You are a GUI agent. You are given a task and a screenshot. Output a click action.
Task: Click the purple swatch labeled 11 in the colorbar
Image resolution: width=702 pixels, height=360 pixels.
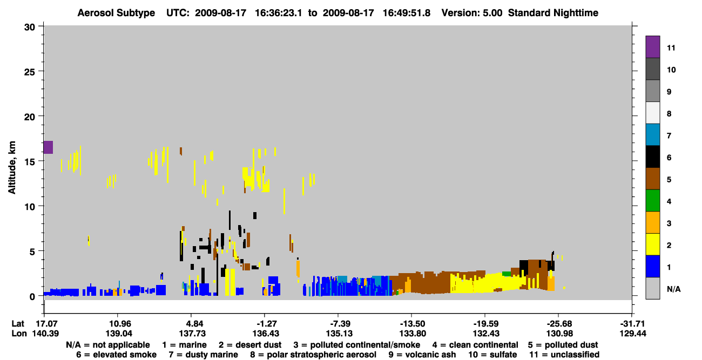click(x=652, y=47)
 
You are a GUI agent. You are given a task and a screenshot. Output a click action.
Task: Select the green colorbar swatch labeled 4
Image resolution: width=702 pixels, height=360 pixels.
click(x=652, y=201)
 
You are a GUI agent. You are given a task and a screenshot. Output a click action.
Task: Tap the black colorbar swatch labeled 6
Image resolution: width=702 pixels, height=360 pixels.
click(x=652, y=157)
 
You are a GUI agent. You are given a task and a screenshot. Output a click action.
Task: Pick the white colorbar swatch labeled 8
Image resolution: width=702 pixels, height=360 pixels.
click(x=652, y=113)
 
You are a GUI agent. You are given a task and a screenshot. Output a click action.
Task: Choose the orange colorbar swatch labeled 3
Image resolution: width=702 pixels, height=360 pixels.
click(x=652, y=222)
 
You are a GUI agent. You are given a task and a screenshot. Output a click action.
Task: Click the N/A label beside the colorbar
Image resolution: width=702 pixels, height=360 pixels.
click(x=673, y=289)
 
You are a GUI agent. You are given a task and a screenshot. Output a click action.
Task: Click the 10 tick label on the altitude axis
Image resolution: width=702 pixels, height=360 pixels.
click(x=30, y=207)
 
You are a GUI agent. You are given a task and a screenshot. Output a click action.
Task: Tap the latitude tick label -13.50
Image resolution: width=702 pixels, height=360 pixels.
click(x=412, y=324)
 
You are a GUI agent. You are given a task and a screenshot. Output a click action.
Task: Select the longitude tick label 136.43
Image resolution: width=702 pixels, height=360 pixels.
click(x=266, y=334)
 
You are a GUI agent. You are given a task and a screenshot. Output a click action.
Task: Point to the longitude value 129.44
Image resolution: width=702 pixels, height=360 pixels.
click(x=633, y=334)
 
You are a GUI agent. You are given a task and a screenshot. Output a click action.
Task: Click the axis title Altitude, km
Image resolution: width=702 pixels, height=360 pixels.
click(x=11, y=168)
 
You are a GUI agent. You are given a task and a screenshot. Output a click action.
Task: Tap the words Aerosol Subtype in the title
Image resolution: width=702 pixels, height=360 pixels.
click(x=116, y=13)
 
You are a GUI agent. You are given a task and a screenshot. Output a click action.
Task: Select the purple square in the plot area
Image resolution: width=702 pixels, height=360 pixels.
click(x=48, y=147)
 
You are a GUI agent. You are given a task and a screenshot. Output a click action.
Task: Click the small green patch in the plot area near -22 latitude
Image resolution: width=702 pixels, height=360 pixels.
click(x=507, y=274)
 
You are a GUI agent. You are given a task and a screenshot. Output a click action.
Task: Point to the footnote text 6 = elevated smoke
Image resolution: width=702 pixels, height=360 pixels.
click(x=116, y=355)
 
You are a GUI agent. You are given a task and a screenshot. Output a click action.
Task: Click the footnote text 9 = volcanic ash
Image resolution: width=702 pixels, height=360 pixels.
click(x=422, y=355)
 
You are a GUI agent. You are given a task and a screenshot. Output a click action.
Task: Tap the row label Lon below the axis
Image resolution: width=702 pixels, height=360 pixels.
click(x=19, y=334)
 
